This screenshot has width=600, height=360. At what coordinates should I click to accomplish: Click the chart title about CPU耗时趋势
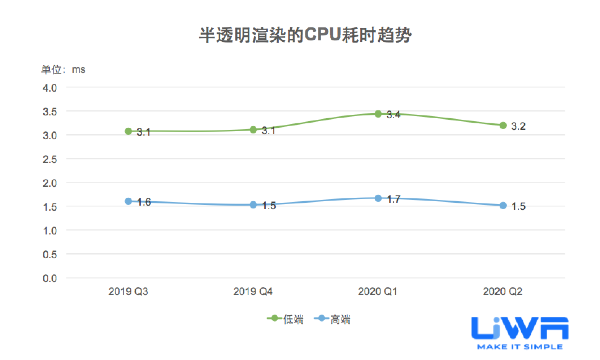[305, 36]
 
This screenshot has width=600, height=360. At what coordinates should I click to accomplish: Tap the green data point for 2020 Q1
[378, 114]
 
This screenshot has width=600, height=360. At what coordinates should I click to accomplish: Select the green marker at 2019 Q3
[128, 131]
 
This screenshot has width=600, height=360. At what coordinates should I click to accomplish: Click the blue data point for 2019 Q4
[253, 205]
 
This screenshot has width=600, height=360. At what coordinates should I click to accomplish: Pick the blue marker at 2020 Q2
[503, 206]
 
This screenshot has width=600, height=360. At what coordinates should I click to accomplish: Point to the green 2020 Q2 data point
[503, 126]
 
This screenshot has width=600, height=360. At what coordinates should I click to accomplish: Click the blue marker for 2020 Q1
[378, 198]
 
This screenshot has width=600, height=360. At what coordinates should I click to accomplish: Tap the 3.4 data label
[394, 115]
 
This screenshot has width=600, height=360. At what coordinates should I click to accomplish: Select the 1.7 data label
[394, 199]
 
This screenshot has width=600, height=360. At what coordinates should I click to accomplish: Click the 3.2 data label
[518, 127]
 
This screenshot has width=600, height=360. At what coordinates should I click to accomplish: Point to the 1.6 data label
[144, 202]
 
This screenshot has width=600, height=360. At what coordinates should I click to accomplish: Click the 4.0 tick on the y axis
[50, 88]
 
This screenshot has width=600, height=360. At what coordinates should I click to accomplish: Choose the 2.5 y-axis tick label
[50, 159]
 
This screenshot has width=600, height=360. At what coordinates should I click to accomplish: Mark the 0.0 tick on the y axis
[50, 278]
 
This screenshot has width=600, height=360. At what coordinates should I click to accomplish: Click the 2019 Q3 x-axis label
[128, 291]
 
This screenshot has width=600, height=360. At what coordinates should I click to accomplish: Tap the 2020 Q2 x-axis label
[503, 291]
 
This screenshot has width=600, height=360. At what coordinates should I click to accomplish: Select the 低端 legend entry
[286, 319]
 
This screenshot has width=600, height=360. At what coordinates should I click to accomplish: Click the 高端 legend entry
[332, 319]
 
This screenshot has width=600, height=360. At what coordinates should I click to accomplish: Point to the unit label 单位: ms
[63, 70]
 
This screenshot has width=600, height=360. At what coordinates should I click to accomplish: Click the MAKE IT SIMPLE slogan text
[520, 347]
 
